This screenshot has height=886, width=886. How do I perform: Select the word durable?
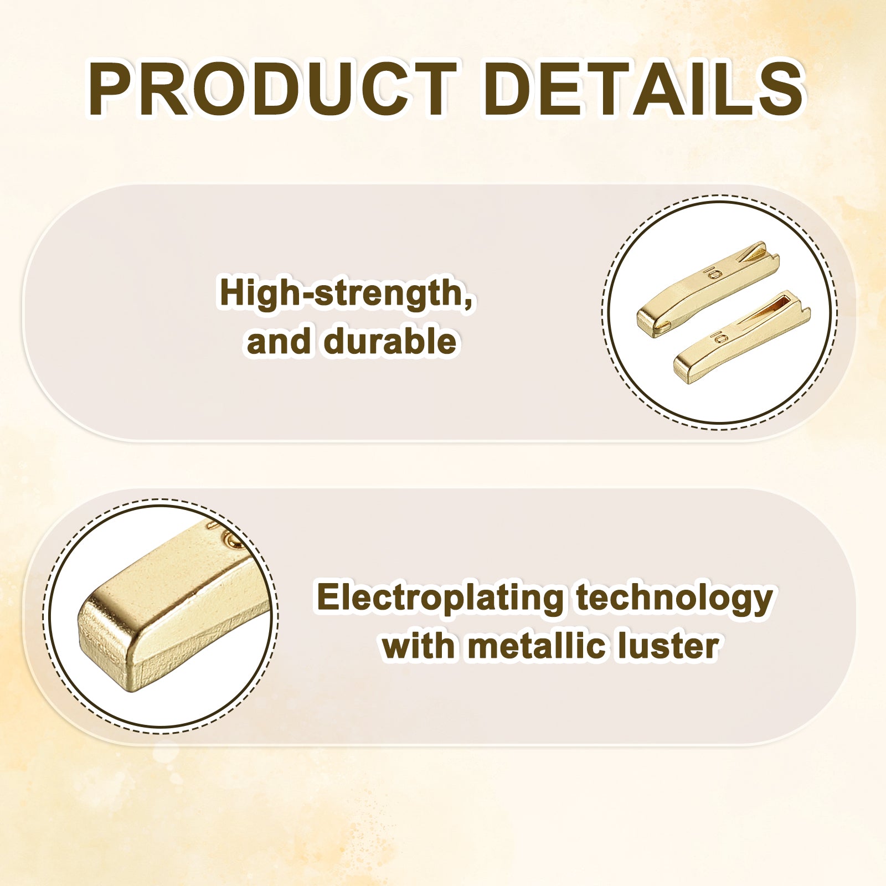[390, 341]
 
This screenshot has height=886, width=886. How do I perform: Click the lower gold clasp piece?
[741, 337]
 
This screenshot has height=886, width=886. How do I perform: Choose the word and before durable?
[279, 341]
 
